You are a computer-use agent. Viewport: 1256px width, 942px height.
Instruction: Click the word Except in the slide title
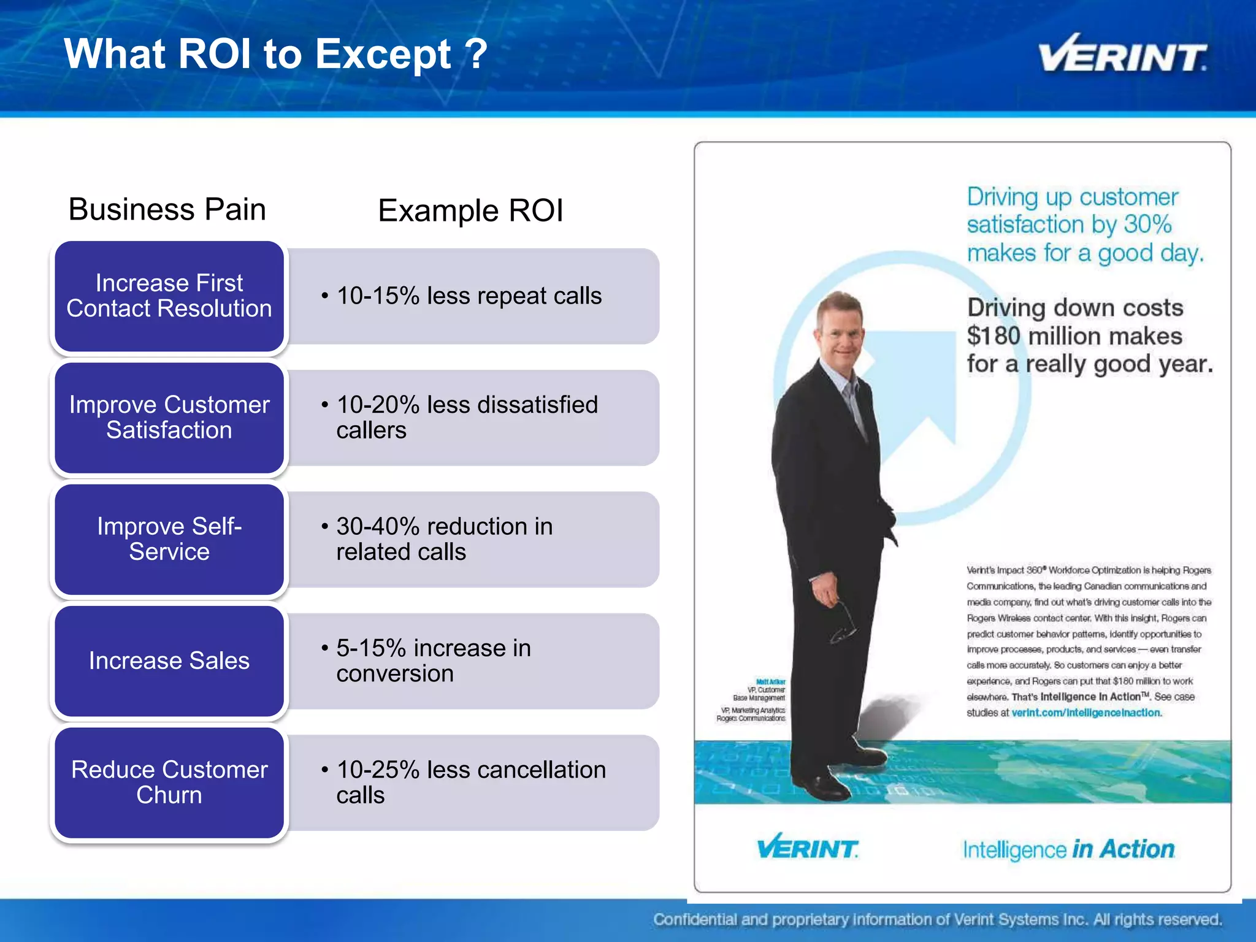pyautogui.click(x=383, y=54)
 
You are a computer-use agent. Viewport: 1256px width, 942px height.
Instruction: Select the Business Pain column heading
pyautogui.click(x=167, y=210)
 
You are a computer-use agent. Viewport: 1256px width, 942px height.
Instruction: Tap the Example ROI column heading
pyautogui.click(x=470, y=211)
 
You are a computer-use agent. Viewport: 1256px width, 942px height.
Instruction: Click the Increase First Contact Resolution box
pyautogui.click(x=169, y=296)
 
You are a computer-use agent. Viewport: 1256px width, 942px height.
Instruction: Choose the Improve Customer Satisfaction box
pyautogui.click(x=169, y=418)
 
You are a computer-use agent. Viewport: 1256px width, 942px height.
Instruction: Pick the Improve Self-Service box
pyautogui.click(x=169, y=539)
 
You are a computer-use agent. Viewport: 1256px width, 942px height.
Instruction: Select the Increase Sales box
pyautogui.click(x=169, y=661)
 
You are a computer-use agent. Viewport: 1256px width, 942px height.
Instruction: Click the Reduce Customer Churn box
pyautogui.click(x=169, y=783)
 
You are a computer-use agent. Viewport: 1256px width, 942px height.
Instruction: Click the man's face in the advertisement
pyautogui.click(x=838, y=334)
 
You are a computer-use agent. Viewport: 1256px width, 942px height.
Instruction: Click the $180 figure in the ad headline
pyautogui.click(x=994, y=336)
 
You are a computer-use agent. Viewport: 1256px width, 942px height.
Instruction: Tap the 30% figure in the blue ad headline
pyautogui.click(x=1147, y=224)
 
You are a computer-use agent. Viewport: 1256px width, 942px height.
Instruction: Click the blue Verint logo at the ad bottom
pyautogui.click(x=807, y=848)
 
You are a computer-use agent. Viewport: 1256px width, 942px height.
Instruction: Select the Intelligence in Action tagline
pyautogui.click(x=1068, y=849)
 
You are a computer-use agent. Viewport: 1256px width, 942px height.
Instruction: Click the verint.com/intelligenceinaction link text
pyautogui.click(x=1086, y=713)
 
